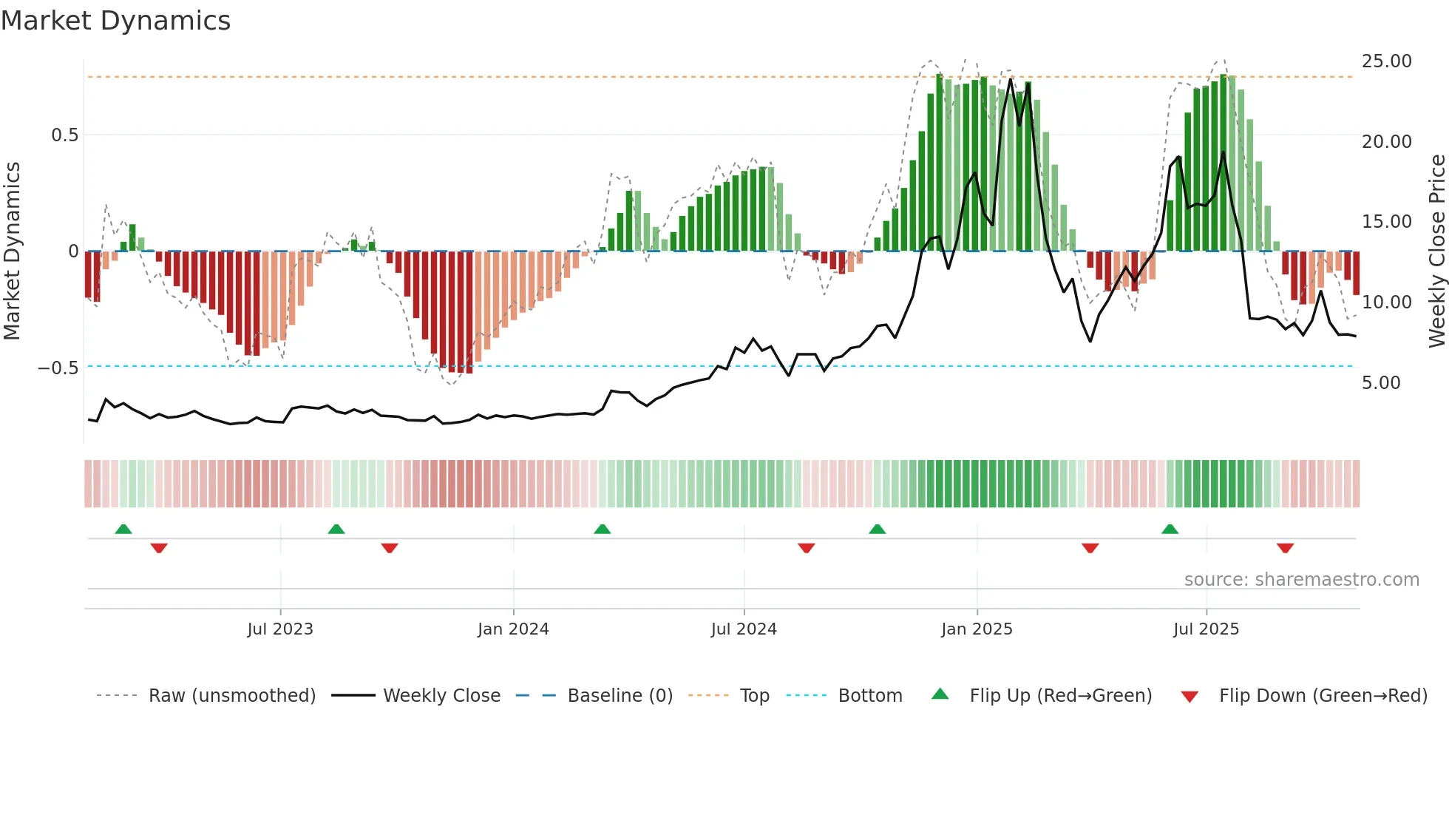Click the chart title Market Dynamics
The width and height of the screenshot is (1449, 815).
(115, 21)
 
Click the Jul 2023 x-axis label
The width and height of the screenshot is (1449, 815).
(280, 629)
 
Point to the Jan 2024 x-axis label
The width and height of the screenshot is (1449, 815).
(513, 629)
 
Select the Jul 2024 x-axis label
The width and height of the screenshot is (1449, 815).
(744, 629)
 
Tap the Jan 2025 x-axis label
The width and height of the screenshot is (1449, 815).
(977, 629)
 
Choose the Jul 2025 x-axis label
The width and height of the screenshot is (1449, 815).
(1206, 629)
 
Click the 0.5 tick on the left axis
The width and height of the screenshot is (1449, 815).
(64, 135)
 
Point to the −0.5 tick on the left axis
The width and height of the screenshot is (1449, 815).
(58, 368)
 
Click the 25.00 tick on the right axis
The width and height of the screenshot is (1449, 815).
(1386, 61)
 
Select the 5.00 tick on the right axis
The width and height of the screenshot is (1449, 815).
(1381, 383)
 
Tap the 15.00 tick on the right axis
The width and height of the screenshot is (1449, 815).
(1386, 222)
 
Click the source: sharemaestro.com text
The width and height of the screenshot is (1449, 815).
(1301, 580)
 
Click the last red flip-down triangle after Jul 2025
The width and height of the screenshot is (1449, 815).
(1285, 548)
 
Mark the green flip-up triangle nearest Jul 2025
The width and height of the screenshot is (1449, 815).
(1170, 530)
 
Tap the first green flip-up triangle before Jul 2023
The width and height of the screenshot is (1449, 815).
(123, 530)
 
